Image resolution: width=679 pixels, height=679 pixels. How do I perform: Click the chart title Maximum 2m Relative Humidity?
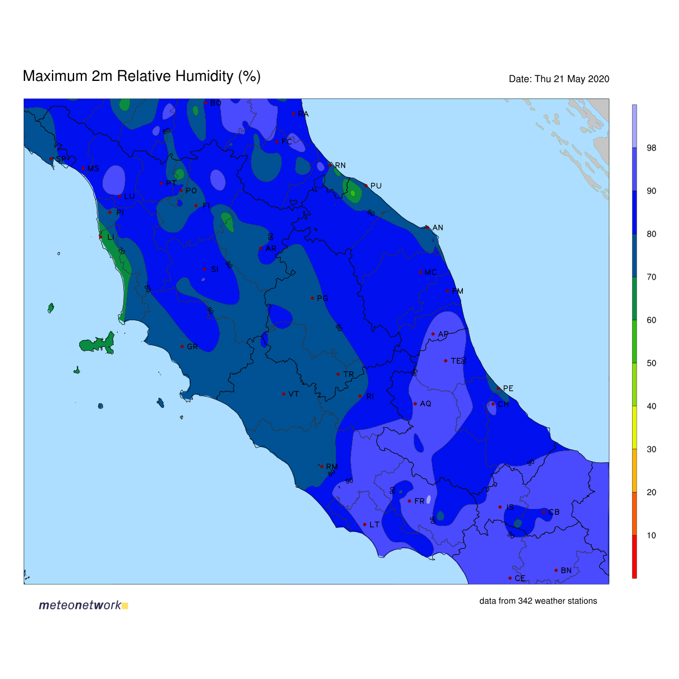pos(141,76)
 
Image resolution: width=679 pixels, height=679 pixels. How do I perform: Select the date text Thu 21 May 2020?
pos(559,79)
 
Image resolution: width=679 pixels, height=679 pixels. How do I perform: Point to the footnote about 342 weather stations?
pos(538,601)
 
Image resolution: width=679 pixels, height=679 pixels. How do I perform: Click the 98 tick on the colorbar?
pos(651,148)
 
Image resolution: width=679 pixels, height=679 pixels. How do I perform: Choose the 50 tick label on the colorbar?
pos(651,363)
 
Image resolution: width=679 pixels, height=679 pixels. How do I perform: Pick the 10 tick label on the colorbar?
pos(651,535)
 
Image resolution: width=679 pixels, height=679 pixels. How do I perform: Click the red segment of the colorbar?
pos(634,557)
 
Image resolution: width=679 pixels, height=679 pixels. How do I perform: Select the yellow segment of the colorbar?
pos(634,428)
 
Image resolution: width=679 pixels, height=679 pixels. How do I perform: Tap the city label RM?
pos(332,467)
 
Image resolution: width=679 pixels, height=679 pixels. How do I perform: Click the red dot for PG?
pos(312,298)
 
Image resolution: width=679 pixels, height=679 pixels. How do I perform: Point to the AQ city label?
pos(426,404)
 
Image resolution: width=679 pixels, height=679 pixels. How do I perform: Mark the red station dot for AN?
pos(427,227)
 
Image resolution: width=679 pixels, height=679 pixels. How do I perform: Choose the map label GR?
pos(192,347)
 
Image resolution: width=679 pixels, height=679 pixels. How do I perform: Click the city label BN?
pos(566,570)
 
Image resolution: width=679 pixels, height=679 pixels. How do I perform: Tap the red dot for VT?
pos(283,394)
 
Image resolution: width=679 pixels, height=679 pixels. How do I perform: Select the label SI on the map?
pos(214,269)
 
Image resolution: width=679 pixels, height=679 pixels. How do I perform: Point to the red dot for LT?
pos(364,525)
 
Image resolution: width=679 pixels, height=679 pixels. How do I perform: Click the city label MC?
pos(431,272)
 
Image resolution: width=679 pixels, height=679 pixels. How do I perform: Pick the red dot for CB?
pos(544,512)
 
